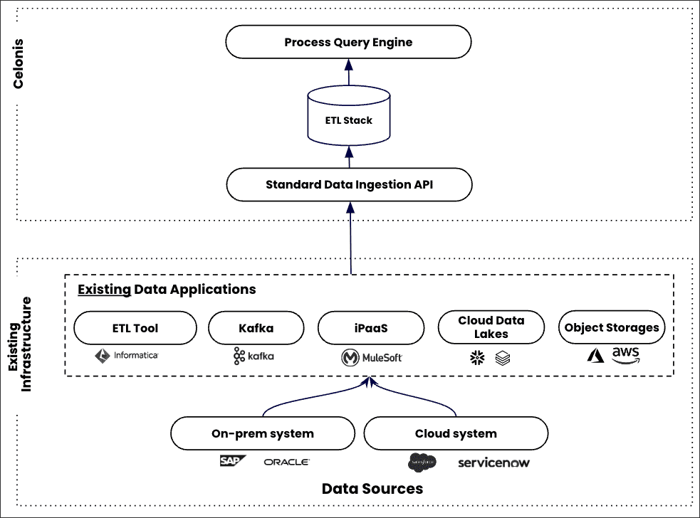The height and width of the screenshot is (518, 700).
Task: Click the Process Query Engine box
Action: click(x=348, y=42)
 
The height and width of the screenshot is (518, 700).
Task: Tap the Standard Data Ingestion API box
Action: click(x=348, y=185)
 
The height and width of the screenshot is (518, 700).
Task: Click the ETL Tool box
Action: click(x=135, y=328)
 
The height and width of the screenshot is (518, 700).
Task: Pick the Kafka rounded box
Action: click(x=256, y=328)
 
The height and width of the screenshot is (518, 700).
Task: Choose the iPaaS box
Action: click(x=370, y=328)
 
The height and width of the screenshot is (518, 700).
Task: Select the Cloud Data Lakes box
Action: click(x=491, y=327)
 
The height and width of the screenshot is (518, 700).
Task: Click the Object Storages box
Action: click(x=611, y=328)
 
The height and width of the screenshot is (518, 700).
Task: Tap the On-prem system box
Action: click(x=263, y=433)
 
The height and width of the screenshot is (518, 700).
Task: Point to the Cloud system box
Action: click(x=456, y=433)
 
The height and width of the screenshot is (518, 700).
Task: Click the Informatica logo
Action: click(x=127, y=355)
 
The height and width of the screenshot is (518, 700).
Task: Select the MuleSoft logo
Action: click(x=371, y=357)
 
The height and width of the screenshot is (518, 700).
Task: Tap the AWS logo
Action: click(x=625, y=354)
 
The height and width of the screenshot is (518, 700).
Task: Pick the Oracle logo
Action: click(x=286, y=462)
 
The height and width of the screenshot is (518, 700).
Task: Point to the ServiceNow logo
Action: click(x=493, y=463)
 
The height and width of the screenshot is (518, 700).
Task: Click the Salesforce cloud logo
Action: click(x=422, y=462)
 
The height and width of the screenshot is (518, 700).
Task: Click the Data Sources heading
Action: click(x=372, y=489)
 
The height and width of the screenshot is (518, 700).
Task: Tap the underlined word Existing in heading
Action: click(x=104, y=290)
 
